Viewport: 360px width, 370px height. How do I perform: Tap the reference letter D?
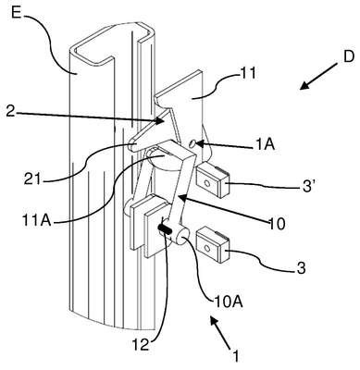coord(348,57)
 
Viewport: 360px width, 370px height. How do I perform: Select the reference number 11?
coord(247,73)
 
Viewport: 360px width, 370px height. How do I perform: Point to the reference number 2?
coord(10,112)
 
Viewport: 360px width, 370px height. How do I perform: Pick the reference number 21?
coord(32,179)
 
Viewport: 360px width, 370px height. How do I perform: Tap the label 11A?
coord(35,220)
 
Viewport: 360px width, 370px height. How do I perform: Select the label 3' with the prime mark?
coord(308,187)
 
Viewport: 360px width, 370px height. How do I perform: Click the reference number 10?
coord(277,224)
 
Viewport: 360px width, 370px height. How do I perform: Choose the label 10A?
coord(229,302)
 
